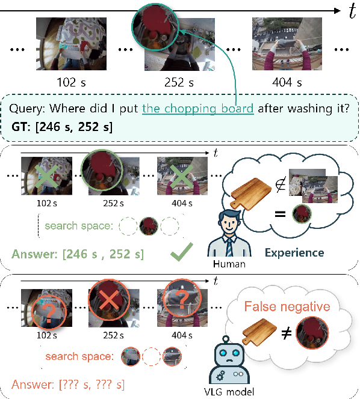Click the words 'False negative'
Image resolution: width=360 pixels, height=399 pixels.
click(x=287, y=307)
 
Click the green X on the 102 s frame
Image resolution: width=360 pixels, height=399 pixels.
click(x=46, y=175)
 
